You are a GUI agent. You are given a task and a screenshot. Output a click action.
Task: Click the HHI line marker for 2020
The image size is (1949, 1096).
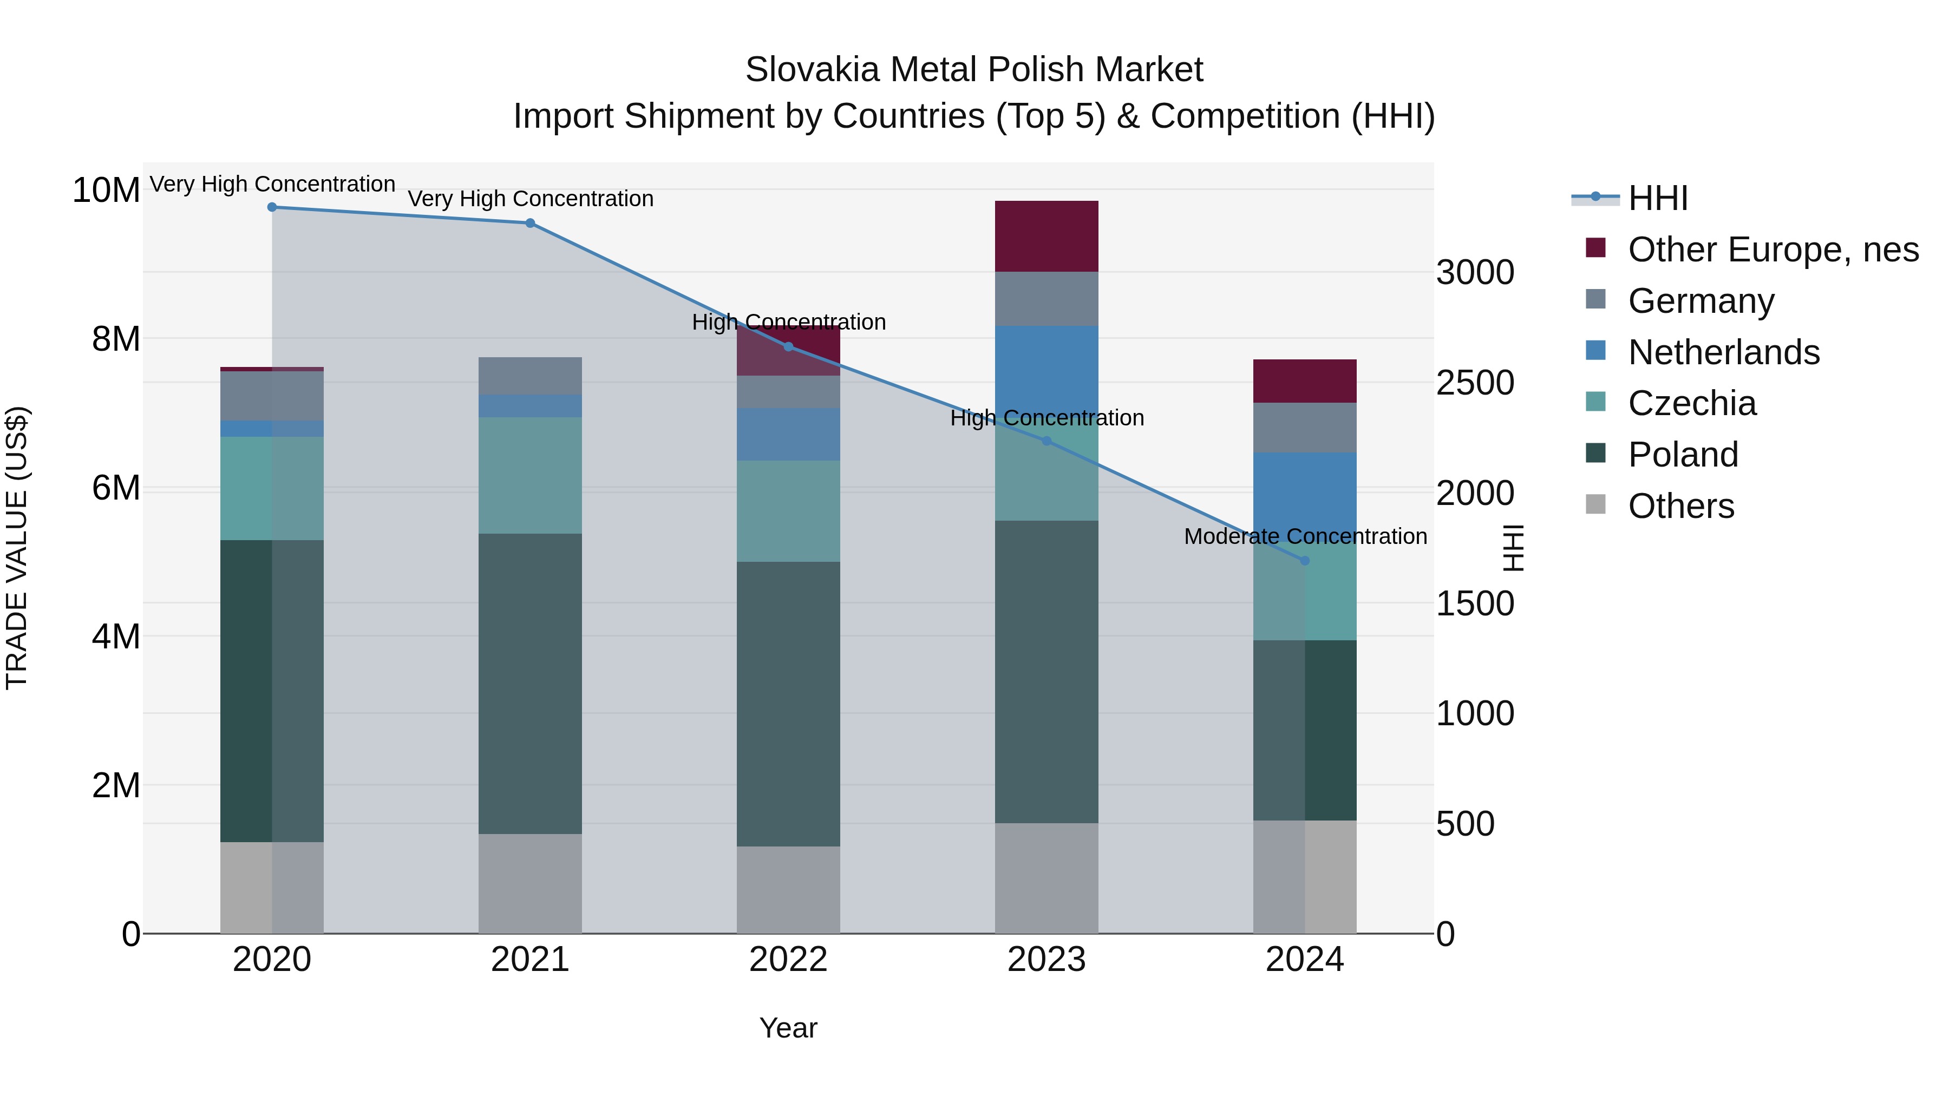coord(272,207)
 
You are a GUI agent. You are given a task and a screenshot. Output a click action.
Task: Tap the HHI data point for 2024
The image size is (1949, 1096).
coord(1304,561)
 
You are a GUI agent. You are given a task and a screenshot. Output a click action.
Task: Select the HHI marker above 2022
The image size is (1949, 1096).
coord(788,346)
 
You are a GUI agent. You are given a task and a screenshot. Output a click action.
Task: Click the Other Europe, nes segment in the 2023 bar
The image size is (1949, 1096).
coord(1047,236)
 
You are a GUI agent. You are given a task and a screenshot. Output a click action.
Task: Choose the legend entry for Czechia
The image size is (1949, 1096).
coord(1692,403)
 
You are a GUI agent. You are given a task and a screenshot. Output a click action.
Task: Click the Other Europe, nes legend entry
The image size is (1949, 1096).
coord(1773,250)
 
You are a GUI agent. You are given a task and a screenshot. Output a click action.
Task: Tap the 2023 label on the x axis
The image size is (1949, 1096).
coord(1047,960)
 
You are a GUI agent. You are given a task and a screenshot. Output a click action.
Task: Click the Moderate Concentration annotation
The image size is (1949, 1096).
coord(1305,536)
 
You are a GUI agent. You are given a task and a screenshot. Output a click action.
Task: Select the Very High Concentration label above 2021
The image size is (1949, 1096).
coord(531,199)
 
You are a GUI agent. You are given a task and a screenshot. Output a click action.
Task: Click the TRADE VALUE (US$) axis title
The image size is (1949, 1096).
coord(17,548)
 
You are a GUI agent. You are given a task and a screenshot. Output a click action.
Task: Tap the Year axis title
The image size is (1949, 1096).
coord(788,1028)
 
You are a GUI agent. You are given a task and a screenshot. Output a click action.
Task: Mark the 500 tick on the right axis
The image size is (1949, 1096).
coord(1466,824)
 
